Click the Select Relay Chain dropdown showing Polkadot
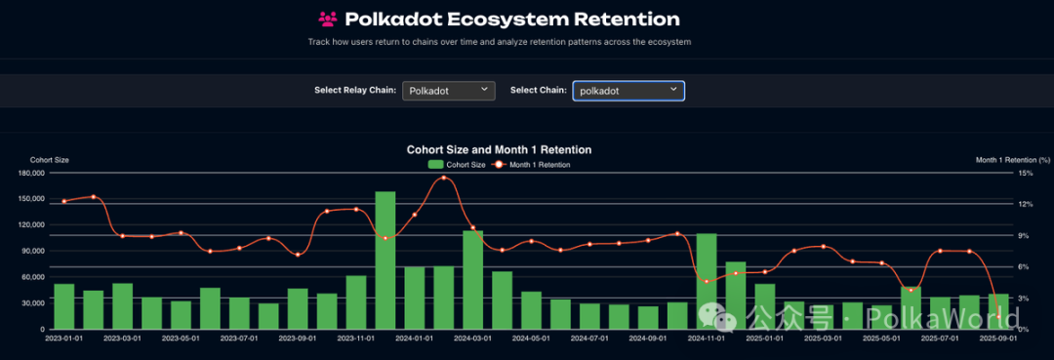(448, 91)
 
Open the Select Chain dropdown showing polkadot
(628, 91)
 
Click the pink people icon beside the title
(328, 19)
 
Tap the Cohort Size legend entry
(458, 165)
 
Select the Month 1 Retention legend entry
(532, 165)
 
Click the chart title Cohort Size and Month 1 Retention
(499, 149)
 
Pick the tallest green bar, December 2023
(385, 260)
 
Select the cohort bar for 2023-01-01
(64, 305)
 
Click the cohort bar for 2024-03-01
(473, 279)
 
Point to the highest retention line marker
(444, 178)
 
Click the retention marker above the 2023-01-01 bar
(64, 201)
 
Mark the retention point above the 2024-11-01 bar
(707, 281)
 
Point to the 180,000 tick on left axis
(32, 174)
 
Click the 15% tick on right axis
(1025, 174)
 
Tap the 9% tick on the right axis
(1025, 235)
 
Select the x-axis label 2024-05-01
(532, 339)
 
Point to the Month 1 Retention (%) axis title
(1013, 159)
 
